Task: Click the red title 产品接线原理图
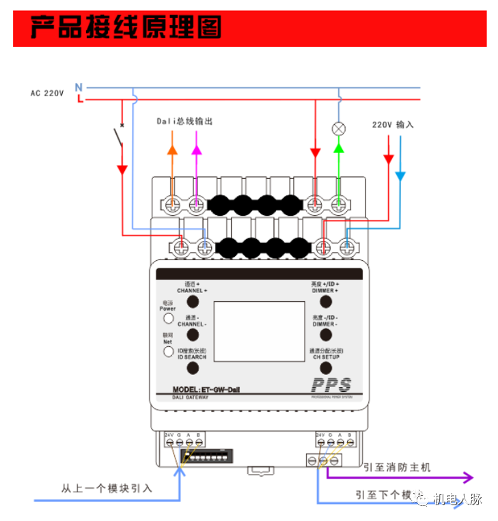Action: (126, 28)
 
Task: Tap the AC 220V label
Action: (46, 93)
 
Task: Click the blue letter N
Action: (79, 87)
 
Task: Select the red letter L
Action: (80, 99)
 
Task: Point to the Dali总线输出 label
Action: (184, 121)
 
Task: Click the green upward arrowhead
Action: (338, 146)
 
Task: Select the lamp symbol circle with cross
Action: (338, 128)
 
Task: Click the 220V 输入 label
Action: (393, 125)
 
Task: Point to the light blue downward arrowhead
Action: (400, 177)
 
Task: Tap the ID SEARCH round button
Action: (193, 368)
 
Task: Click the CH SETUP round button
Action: (326, 368)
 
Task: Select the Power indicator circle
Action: (167, 318)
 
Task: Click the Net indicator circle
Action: (167, 352)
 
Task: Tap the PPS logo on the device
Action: (331, 385)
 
